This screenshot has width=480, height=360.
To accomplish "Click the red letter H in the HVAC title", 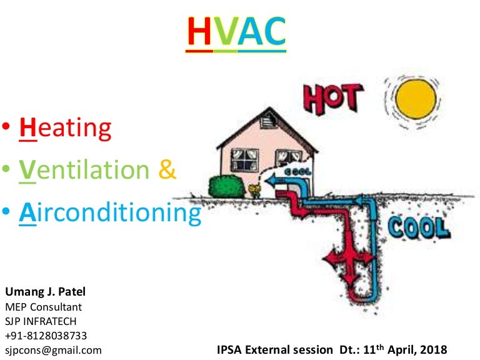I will pyautogui.click(x=201, y=32).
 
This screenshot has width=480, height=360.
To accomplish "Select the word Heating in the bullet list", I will pyautogui.click(x=66, y=128).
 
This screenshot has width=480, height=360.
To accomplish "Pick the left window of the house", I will pyautogui.click(x=244, y=160).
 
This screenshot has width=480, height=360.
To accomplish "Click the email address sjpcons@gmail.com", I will pyautogui.click(x=53, y=350).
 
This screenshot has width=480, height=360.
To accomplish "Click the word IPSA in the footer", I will pyautogui.click(x=231, y=349).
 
